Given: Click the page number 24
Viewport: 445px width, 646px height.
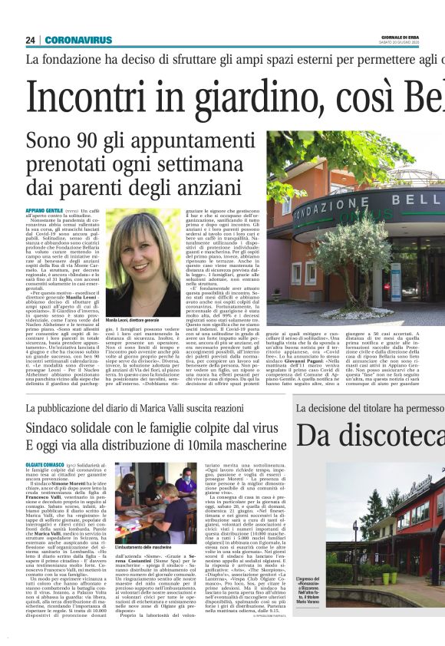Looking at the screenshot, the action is click(x=31, y=40).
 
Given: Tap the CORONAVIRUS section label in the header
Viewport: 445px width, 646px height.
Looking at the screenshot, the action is click(x=78, y=40).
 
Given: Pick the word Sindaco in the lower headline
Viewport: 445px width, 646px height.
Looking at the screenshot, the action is click(x=53, y=427).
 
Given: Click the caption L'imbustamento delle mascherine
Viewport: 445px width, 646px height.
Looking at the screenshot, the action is click(x=146, y=546).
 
